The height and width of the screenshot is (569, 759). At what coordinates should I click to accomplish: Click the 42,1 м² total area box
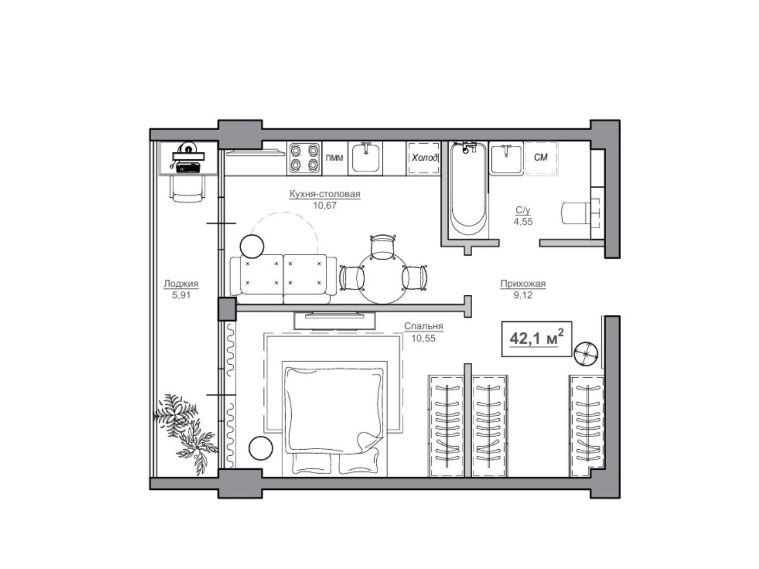(536, 339)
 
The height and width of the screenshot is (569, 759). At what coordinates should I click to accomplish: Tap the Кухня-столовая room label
(325, 194)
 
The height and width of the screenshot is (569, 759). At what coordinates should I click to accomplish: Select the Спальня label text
(423, 326)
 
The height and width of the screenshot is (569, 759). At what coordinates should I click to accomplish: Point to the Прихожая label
(523, 283)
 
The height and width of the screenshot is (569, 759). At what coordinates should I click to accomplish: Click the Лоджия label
(181, 283)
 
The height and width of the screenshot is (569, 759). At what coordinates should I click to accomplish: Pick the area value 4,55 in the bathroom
(523, 222)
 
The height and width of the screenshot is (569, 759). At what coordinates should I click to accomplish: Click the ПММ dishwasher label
(335, 158)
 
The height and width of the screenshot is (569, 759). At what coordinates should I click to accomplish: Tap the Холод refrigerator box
(423, 158)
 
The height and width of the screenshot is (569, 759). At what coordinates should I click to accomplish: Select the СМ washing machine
(541, 158)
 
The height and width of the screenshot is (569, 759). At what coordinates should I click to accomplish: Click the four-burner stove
(304, 158)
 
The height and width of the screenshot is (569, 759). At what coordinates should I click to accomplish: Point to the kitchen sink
(365, 158)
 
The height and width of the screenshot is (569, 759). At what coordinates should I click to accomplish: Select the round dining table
(382, 279)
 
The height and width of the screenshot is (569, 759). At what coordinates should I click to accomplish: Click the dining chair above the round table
(383, 247)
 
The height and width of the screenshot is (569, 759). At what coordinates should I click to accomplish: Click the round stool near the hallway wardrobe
(586, 353)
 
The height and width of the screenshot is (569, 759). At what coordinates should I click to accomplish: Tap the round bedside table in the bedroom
(261, 448)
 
